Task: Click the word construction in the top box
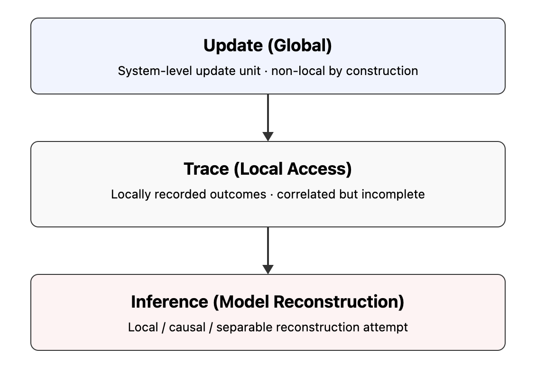pos(382,71)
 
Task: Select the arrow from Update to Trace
pos(268,116)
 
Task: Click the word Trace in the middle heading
pos(206,169)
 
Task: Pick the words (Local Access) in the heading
pos(293,169)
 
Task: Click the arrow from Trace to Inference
pos(268,249)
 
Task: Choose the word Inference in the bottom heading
pos(169,302)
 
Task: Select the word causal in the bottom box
pos(188,328)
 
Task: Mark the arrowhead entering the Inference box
pos(268,270)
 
